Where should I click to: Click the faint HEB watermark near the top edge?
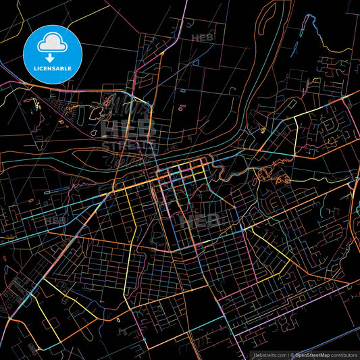[x=203, y=38]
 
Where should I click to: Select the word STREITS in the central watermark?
[x=129, y=145]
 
